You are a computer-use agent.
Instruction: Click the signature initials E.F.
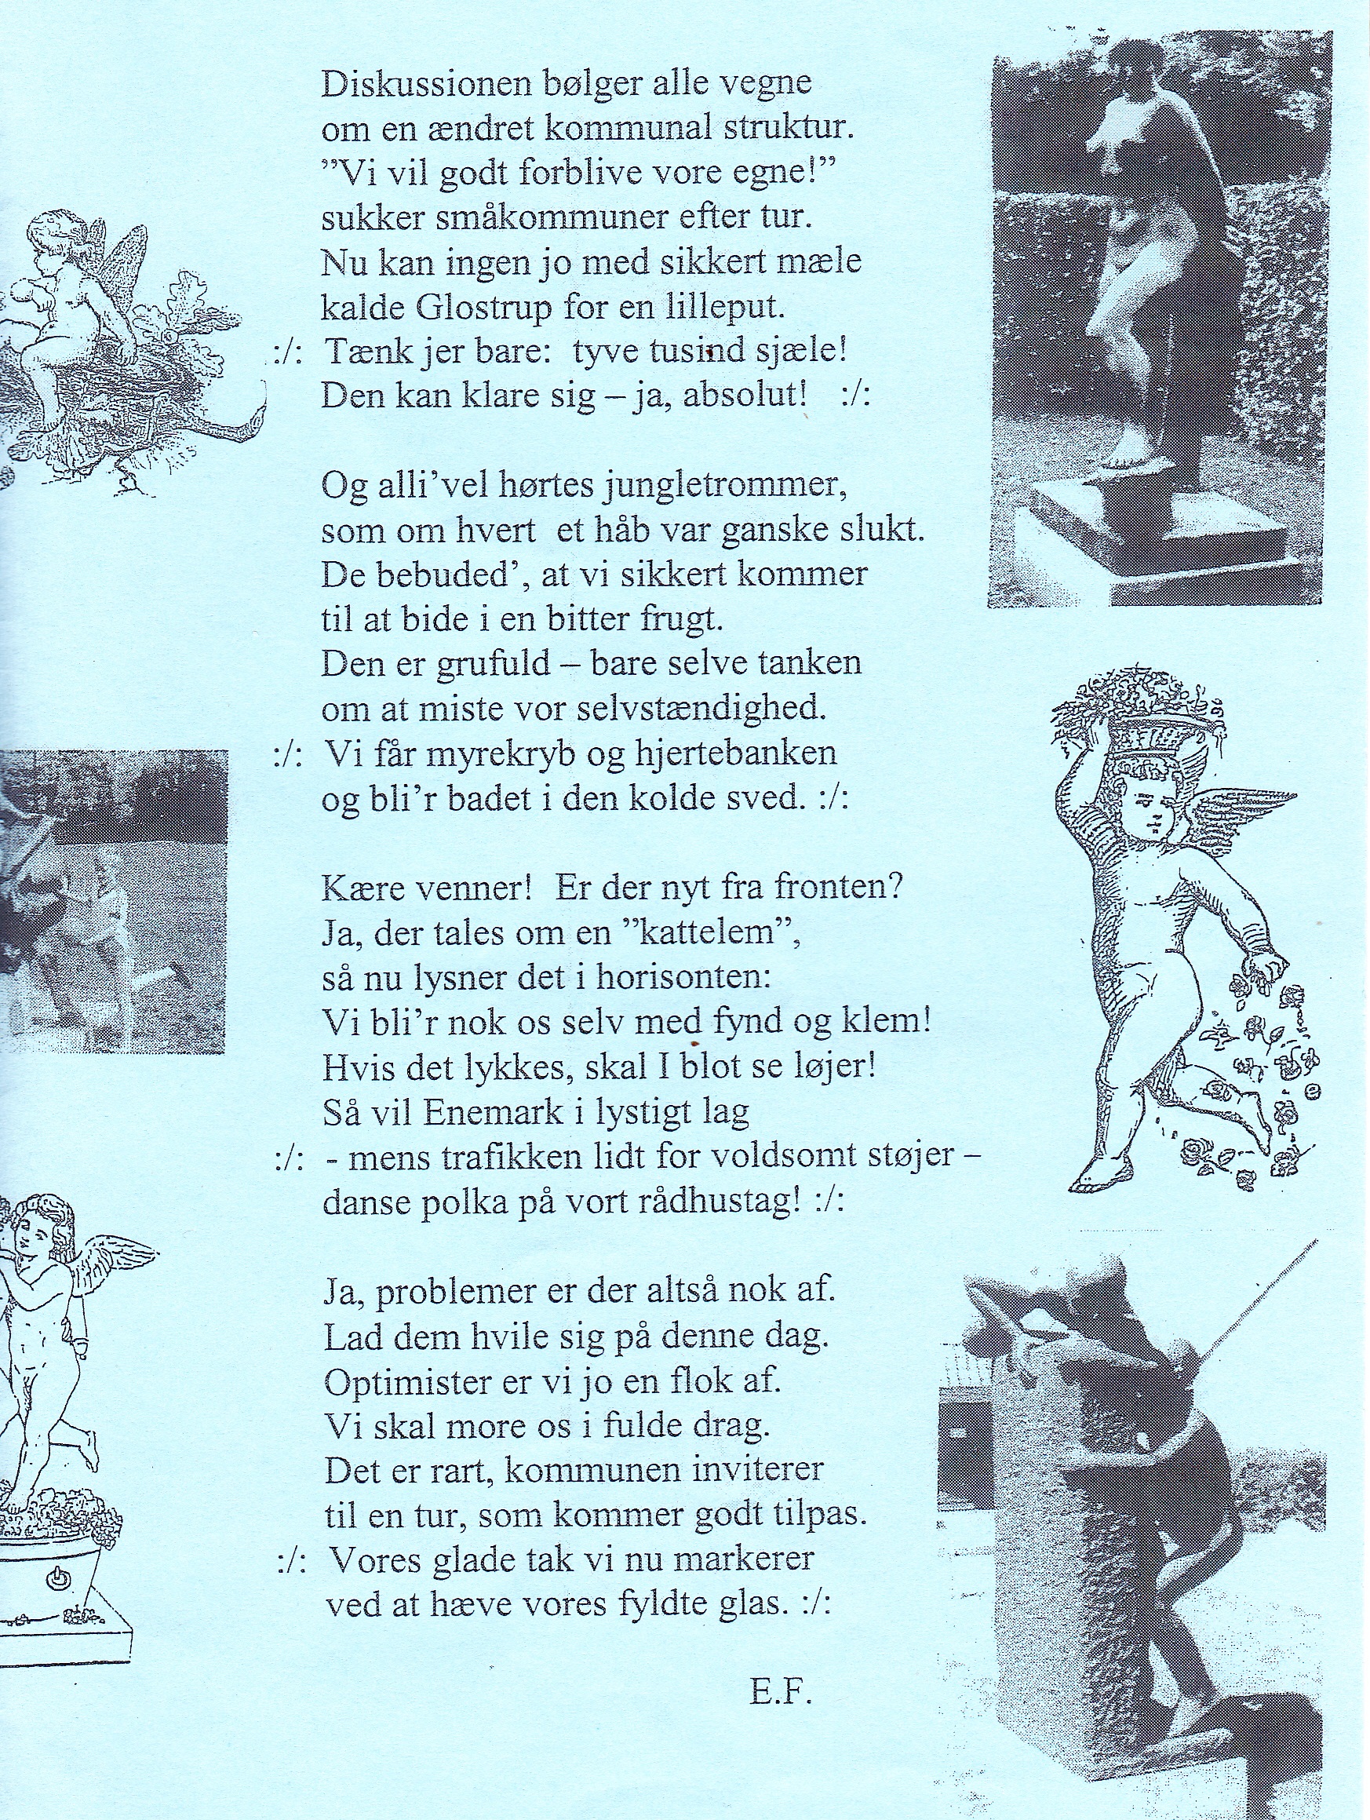(x=781, y=1669)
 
